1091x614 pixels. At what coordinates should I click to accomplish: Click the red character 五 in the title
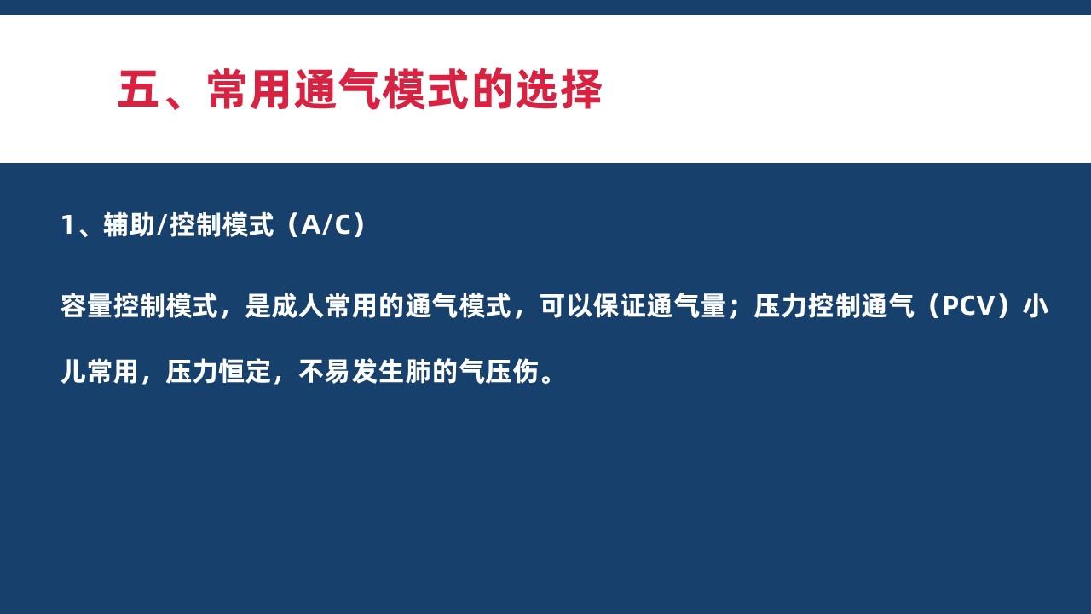pos(138,90)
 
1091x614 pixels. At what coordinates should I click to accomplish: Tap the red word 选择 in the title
pos(558,90)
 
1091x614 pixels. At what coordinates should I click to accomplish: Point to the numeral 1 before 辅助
pos(67,225)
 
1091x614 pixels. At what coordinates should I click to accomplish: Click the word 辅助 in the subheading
pos(129,225)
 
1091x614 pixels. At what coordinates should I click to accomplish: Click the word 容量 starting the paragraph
pos(87,306)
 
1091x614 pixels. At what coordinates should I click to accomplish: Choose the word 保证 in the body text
pos(619,306)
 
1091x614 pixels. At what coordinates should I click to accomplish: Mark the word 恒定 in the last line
pos(245,372)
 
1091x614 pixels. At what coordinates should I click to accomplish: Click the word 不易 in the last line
pos(325,372)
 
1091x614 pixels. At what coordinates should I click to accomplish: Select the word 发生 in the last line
pos(378,372)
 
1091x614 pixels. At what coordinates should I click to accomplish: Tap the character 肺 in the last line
pos(418,372)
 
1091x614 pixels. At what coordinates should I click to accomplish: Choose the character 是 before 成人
pos(257,306)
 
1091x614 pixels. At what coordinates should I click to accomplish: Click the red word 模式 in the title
pos(425,90)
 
